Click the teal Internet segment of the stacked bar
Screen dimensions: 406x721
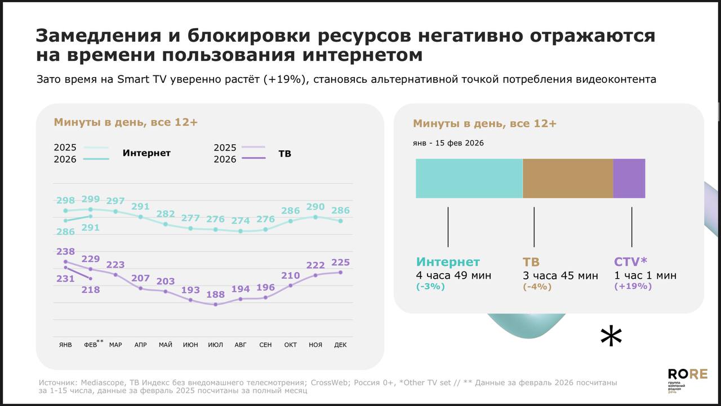click(469, 179)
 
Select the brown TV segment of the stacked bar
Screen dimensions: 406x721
click(568, 179)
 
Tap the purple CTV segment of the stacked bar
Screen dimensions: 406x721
click(629, 179)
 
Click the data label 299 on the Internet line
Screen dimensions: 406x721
click(91, 199)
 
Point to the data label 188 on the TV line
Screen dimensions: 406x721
click(215, 295)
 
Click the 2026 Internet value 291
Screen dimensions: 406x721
click(91, 228)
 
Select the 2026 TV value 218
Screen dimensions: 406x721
click(91, 290)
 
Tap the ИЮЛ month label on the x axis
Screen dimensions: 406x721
click(215, 345)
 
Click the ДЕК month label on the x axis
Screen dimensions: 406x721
click(340, 345)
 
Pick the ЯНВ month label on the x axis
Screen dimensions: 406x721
click(65, 345)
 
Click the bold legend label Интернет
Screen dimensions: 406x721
click(146, 153)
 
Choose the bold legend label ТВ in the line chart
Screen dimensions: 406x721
click(285, 153)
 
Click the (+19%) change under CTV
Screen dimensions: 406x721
click(633, 286)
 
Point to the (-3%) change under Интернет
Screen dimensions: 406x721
click(430, 286)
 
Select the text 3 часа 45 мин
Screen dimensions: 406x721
click(560, 275)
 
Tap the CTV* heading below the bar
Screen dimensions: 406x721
click(630, 262)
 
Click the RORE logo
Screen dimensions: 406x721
click(687, 374)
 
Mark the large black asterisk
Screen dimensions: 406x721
click(611, 337)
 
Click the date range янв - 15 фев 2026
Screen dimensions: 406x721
click(448, 143)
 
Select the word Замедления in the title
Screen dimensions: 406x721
click(95, 35)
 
